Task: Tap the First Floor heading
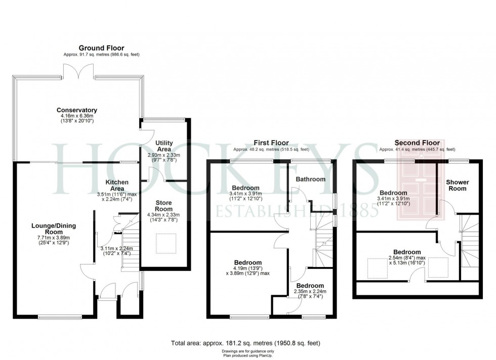[271, 143]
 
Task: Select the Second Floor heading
[417, 143]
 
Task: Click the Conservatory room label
[77, 110]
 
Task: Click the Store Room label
[163, 206]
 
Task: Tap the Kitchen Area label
[117, 185]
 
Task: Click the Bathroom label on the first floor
[311, 179]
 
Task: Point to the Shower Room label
[457, 185]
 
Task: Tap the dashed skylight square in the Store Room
[166, 244]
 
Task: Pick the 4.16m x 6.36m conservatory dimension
[77, 118]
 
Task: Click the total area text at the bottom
[246, 343]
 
